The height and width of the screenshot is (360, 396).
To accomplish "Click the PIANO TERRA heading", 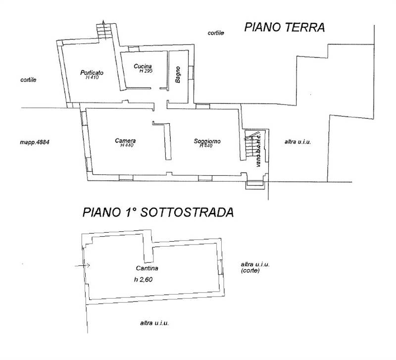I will click(x=285, y=28).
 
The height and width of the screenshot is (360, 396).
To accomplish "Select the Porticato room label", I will click(x=92, y=73).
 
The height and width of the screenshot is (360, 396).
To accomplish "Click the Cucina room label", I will click(x=143, y=66).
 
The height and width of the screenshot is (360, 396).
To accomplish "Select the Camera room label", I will click(x=125, y=141).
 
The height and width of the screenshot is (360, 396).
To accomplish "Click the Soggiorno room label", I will click(x=207, y=141).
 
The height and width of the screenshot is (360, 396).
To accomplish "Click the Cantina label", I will click(x=147, y=268).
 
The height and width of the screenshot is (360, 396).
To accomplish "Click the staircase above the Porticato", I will click(x=104, y=32).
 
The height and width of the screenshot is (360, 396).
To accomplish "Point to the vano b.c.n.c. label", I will click(x=258, y=149).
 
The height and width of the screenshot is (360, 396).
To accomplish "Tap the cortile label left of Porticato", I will click(x=29, y=80).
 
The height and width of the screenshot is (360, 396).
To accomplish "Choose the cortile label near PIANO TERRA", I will click(x=215, y=33).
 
